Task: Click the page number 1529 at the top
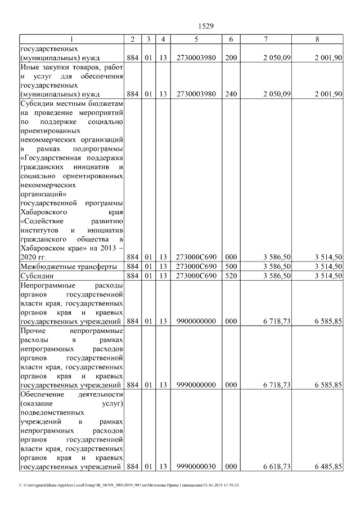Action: (207, 26)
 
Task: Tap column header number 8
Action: (318, 39)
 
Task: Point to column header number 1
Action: (71, 39)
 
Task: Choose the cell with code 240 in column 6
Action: (231, 94)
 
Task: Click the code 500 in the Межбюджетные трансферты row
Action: (231, 266)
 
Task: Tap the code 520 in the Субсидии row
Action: (231, 276)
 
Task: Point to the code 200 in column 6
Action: (231, 57)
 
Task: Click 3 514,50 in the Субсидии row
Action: (326, 276)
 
